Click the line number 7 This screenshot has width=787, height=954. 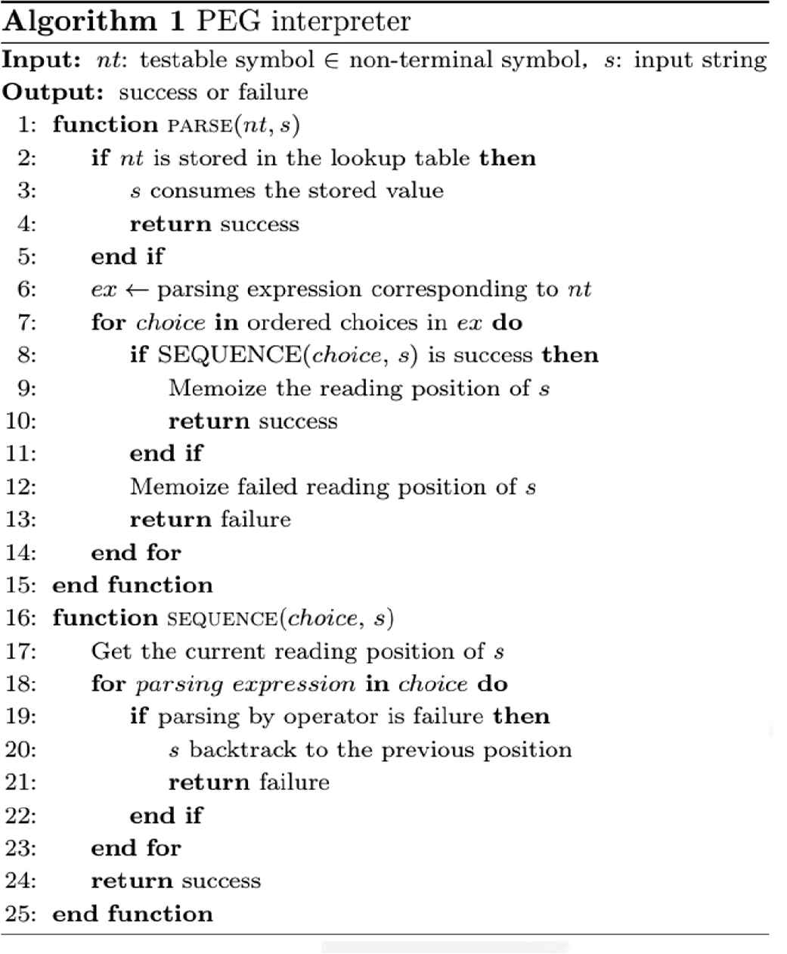(x=26, y=322)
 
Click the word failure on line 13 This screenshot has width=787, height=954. (x=256, y=520)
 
